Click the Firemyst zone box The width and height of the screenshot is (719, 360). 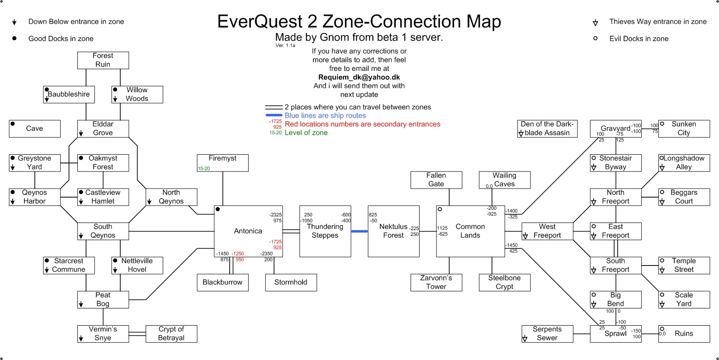[222, 162]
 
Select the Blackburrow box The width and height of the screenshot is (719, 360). [222, 282]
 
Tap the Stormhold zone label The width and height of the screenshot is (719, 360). [291, 282]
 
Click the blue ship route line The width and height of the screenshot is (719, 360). [359, 231]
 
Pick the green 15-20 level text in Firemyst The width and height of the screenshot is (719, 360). [203, 168]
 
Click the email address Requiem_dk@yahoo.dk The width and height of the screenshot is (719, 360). [359, 77]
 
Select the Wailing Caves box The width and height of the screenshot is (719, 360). [504, 180]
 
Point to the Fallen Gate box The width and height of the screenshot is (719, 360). [436, 180]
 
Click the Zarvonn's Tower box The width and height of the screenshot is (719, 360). [436, 282]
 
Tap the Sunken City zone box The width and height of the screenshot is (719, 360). [684, 128]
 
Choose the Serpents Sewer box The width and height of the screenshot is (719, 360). [547, 333]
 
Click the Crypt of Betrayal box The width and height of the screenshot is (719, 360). [171, 333]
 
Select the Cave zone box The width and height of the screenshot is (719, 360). [34, 128]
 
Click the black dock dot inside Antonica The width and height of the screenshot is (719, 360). [218, 209]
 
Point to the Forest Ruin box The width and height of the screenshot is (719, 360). [103, 60]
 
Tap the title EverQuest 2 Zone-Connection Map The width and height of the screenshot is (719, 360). [359, 21]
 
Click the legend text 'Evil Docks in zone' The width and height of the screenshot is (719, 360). [639, 39]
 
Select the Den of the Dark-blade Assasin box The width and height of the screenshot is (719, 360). [547, 128]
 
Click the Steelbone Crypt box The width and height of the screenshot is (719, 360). [504, 282]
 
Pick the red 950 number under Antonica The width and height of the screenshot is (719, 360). [240, 260]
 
